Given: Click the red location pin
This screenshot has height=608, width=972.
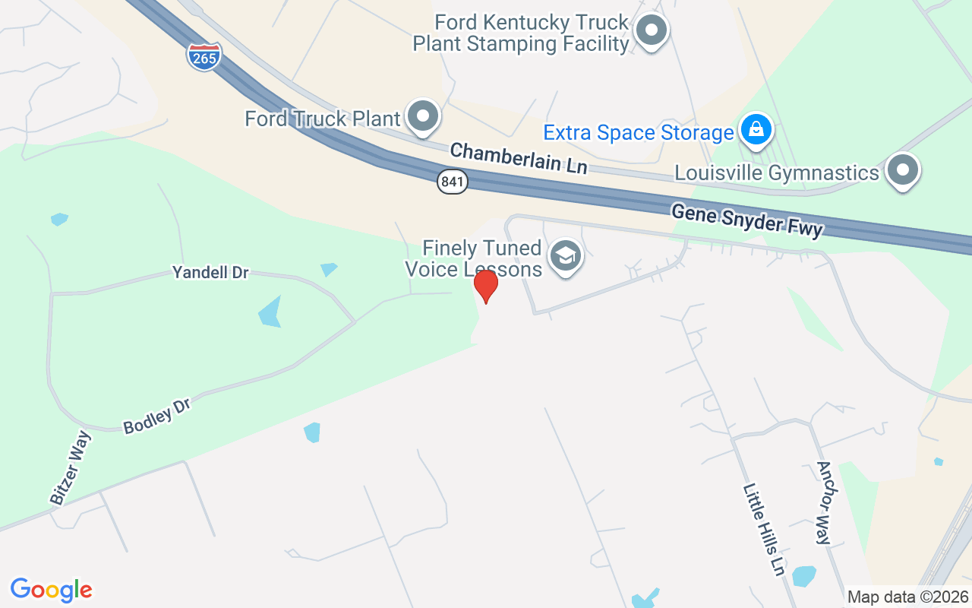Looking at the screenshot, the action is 485,286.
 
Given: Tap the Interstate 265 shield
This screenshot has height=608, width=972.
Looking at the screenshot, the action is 204,57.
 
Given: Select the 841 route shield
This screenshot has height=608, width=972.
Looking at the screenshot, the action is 453,182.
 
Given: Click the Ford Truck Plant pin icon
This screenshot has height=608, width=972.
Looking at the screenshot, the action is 422,116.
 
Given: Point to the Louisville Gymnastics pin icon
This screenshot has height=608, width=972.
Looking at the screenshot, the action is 902,170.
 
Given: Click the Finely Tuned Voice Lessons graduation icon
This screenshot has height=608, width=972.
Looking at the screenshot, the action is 565,256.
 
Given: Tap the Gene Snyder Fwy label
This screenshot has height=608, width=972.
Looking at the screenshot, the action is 747,220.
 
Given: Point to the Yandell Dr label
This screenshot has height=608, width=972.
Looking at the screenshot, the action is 210,272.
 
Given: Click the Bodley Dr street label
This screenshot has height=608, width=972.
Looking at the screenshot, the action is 156,416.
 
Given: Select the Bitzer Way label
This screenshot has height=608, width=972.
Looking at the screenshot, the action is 71,468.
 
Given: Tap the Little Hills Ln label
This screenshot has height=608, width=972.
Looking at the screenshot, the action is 763,529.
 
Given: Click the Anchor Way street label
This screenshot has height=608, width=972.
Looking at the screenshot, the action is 824,502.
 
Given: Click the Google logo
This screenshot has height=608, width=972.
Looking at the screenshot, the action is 52,590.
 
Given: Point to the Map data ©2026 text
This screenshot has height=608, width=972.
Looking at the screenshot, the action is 907,597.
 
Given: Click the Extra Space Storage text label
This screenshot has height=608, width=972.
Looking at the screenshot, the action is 638,133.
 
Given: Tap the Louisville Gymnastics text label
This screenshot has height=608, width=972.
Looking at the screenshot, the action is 777,173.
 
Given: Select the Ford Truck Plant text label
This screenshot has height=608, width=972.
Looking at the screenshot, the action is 323,119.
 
